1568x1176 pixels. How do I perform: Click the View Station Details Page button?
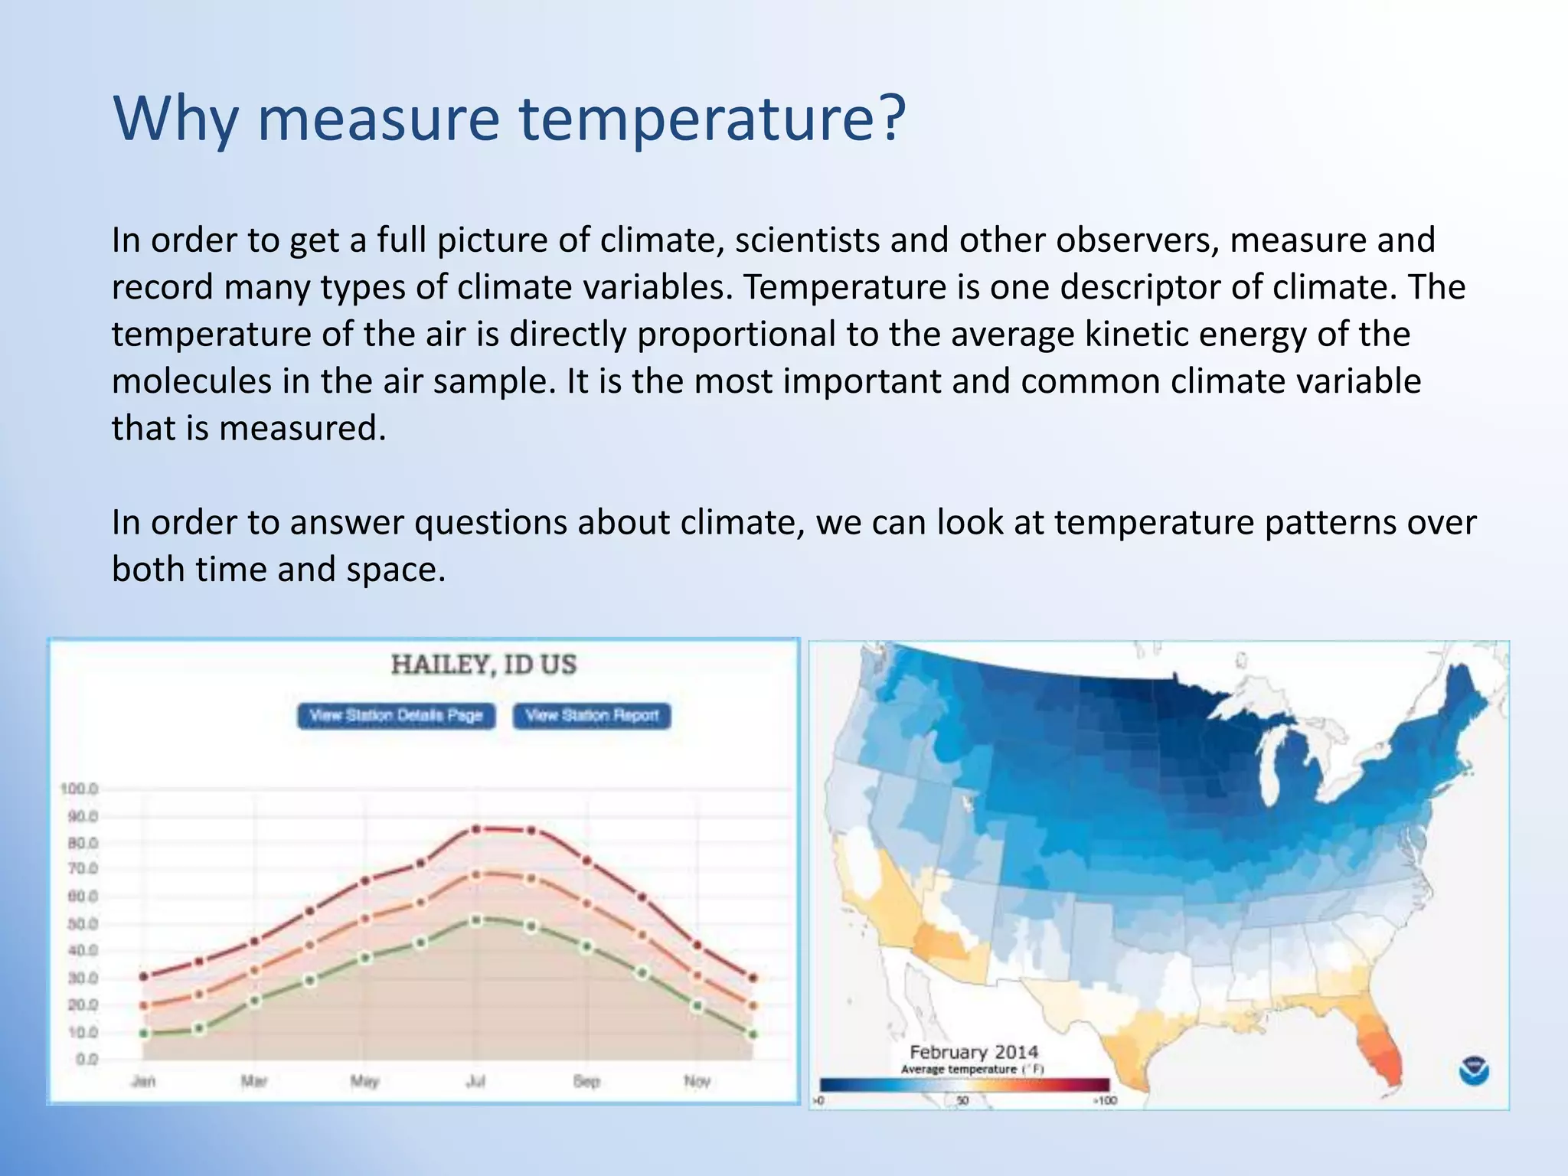(396, 716)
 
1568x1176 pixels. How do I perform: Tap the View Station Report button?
(592, 716)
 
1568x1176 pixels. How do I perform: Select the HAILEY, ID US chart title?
(484, 665)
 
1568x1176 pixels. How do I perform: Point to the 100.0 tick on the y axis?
(80, 789)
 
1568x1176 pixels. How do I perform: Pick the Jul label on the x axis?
(475, 1081)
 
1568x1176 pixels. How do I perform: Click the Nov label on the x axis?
(697, 1081)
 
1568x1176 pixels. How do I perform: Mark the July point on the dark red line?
(475, 829)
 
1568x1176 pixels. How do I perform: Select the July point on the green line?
(475, 920)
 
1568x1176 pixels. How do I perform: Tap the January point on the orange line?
(144, 1005)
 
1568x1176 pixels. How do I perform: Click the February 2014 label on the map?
(973, 1052)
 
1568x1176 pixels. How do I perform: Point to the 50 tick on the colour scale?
(962, 1101)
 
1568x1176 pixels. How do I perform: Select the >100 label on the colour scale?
(1105, 1101)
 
